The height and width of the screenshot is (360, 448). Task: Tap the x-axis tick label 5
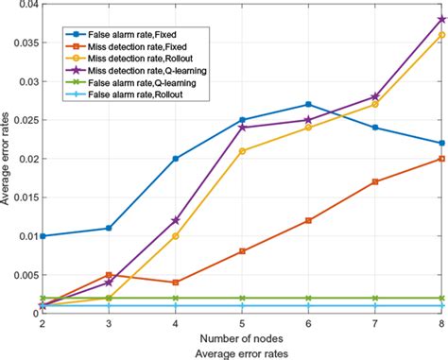click(x=242, y=323)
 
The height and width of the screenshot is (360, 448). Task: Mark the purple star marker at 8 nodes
click(x=441, y=19)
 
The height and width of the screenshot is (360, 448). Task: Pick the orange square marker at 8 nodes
click(x=441, y=158)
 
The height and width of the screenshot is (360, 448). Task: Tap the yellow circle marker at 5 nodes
click(x=242, y=150)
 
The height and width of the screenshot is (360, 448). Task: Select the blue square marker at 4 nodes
click(x=176, y=158)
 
